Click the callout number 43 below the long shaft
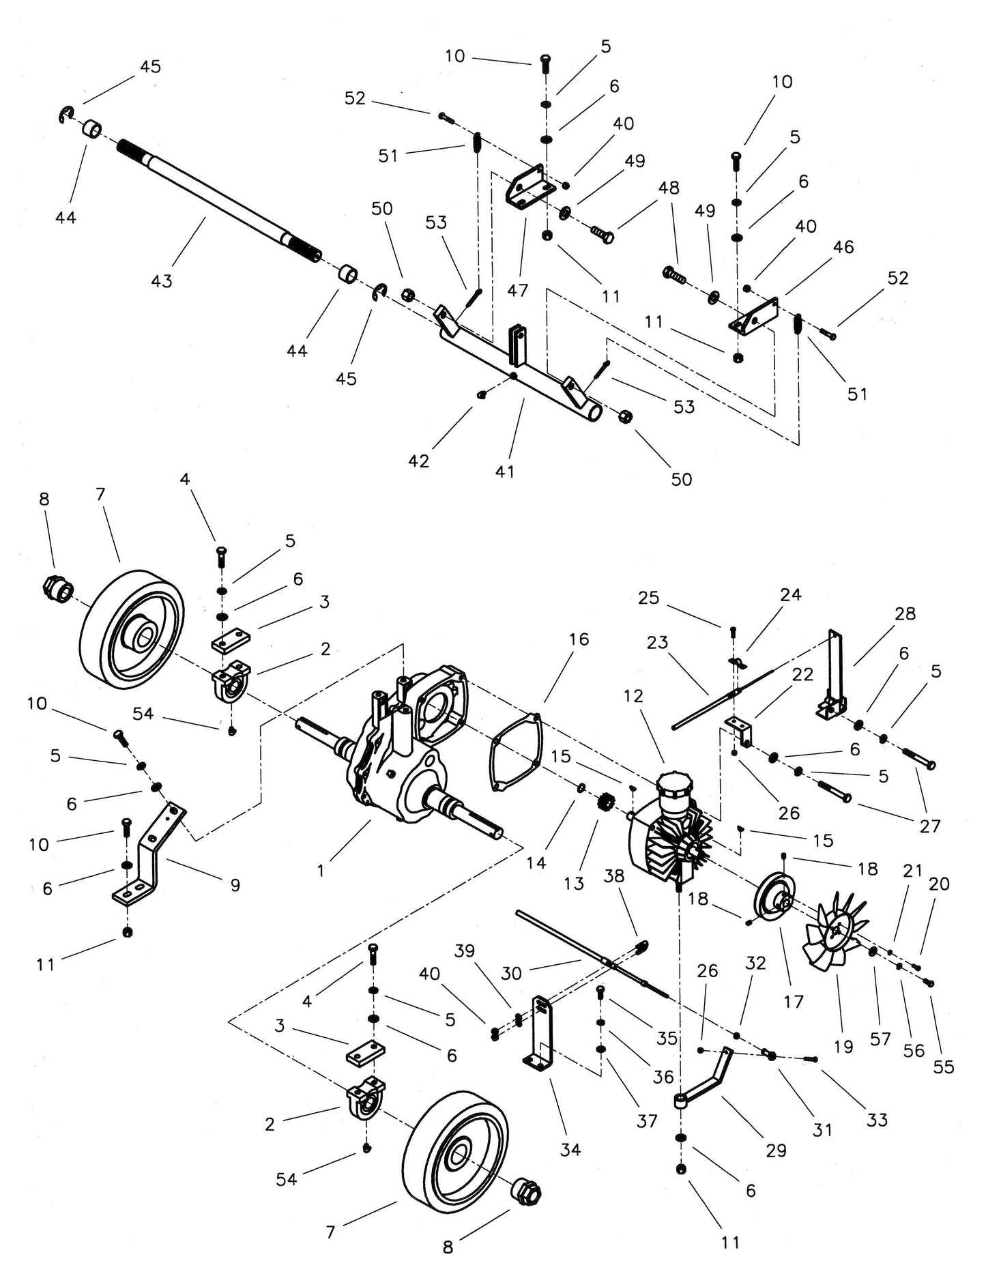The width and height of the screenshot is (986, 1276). click(x=162, y=280)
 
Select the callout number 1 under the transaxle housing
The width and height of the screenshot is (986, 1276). click(x=321, y=871)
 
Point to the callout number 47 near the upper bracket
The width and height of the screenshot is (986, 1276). click(x=518, y=290)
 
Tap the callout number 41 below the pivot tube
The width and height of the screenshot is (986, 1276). click(x=505, y=471)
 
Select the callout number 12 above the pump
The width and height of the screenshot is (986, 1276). click(x=633, y=696)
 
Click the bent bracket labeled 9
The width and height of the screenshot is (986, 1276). click(x=154, y=860)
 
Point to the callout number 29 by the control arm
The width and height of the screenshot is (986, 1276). click(x=776, y=1150)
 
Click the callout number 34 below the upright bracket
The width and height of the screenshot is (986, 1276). click(x=570, y=1150)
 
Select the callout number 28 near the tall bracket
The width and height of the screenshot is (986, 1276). click(x=905, y=613)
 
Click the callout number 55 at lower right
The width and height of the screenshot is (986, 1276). click(x=943, y=1067)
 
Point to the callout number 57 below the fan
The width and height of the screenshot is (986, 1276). click(x=880, y=1039)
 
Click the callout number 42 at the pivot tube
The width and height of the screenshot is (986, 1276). click(x=418, y=461)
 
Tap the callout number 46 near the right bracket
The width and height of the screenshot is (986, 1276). click(x=843, y=246)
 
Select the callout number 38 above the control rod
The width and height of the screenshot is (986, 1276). click(x=614, y=875)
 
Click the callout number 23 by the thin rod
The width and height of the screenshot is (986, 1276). click(x=657, y=642)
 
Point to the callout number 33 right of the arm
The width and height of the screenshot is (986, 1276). click(x=877, y=1120)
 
